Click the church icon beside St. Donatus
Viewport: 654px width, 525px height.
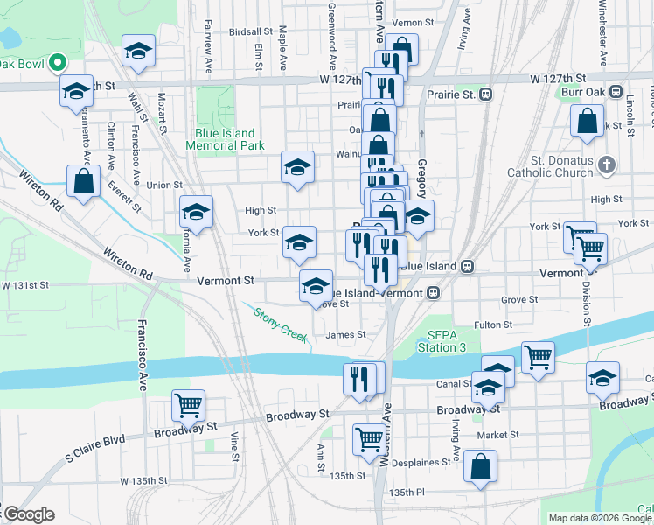coord(609,164)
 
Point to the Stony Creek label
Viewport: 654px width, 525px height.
coord(281,324)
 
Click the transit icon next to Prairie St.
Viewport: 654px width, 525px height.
coord(483,94)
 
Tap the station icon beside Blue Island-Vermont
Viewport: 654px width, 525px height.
coord(433,293)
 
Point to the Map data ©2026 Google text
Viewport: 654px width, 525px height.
coord(600,518)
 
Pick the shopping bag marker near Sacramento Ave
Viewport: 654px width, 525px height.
coord(83,182)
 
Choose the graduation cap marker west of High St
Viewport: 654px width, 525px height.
coord(196,212)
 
